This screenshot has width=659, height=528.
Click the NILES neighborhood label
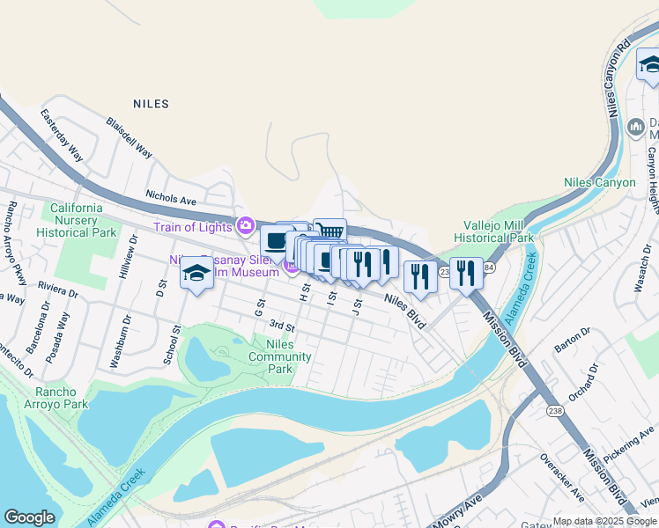[151, 104]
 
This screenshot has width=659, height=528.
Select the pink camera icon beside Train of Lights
[246, 226]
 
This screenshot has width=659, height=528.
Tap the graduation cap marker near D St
[196, 274]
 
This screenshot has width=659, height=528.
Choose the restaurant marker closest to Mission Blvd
[465, 274]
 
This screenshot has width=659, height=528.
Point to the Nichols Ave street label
[170, 201]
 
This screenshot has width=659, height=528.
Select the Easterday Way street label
[62, 136]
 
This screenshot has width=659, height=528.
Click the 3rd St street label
[281, 326]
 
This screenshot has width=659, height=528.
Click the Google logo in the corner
[30, 517]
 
